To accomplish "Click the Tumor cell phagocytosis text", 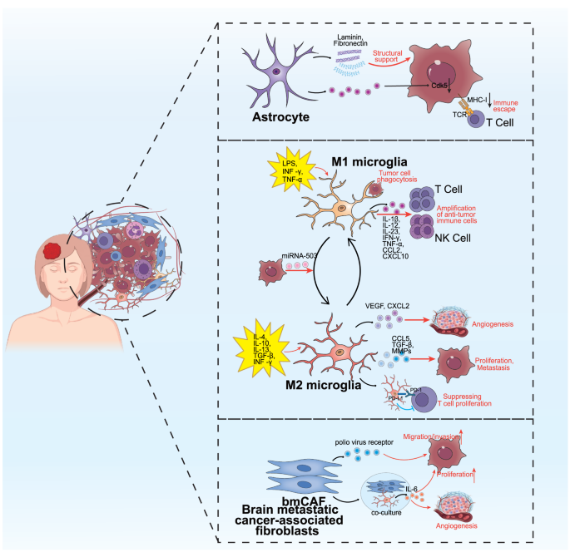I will point(394,178).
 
